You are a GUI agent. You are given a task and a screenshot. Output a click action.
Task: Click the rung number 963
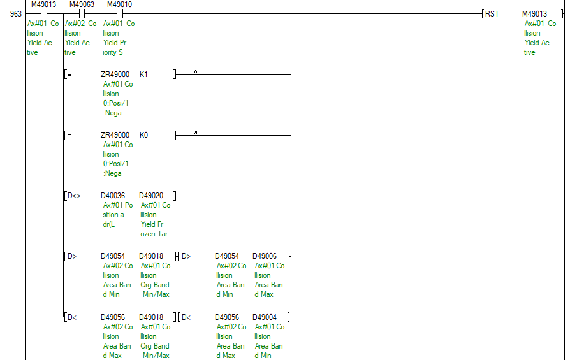point(16,14)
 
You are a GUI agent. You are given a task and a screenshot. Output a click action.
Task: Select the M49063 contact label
point(82,4)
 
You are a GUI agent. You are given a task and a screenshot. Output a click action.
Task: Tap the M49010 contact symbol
point(120,14)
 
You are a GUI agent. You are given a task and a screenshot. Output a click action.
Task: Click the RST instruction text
point(492,14)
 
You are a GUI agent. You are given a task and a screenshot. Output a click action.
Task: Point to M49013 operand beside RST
point(534,14)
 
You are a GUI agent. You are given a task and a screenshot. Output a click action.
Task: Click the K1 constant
point(143,75)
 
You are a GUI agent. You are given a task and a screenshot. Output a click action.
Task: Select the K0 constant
point(143,135)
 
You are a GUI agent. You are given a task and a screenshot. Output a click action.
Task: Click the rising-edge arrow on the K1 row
point(196,74)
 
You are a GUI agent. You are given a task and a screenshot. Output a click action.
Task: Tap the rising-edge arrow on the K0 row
point(196,135)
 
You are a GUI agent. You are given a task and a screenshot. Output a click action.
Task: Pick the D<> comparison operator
point(74,196)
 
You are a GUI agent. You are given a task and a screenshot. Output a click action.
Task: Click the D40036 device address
point(113,196)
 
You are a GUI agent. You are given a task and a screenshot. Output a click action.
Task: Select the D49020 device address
point(151,196)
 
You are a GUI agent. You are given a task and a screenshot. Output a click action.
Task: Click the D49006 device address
point(265,257)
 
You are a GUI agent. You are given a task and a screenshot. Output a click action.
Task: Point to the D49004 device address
point(265,317)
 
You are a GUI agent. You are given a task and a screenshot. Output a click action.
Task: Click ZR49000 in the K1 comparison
point(115,75)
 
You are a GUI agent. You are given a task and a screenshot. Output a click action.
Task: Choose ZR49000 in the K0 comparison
point(115,135)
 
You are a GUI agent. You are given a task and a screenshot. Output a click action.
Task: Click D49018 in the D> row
point(151,257)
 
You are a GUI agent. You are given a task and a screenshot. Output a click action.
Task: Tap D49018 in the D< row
point(151,317)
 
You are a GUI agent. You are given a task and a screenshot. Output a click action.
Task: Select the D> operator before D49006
point(186,257)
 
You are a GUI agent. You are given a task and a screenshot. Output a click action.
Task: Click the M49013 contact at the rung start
point(43,14)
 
